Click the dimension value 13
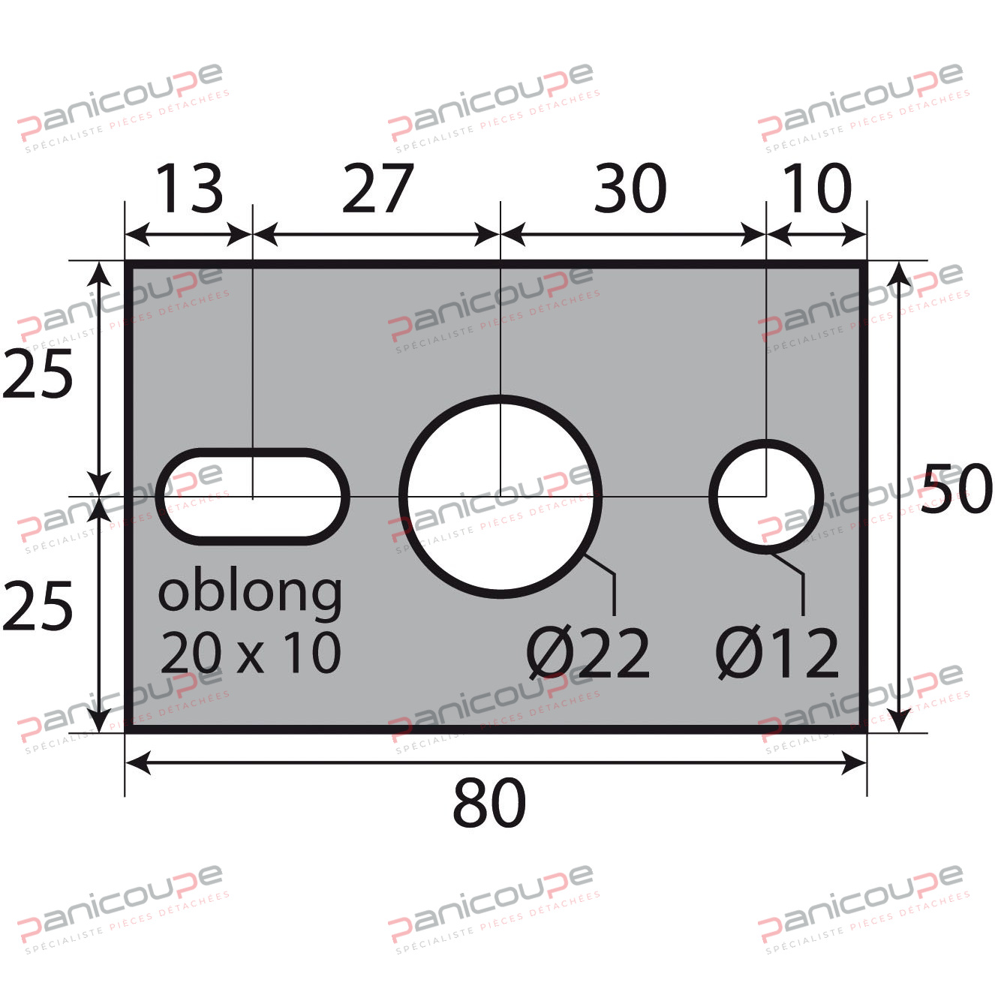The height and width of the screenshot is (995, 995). [189, 188]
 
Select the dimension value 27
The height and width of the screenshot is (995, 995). [377, 188]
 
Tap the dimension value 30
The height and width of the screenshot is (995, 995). [630, 188]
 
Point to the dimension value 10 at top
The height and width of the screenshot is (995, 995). [816, 188]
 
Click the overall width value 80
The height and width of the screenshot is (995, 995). [489, 803]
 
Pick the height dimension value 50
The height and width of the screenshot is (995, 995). [956, 488]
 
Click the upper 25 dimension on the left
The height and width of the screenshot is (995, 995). [38, 373]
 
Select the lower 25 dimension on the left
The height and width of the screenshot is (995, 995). [38, 606]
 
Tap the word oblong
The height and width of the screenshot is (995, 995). [250, 593]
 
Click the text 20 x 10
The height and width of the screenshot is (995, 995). [251, 653]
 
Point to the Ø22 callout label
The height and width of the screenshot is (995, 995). [588, 654]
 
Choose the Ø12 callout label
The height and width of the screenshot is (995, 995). [777, 654]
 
